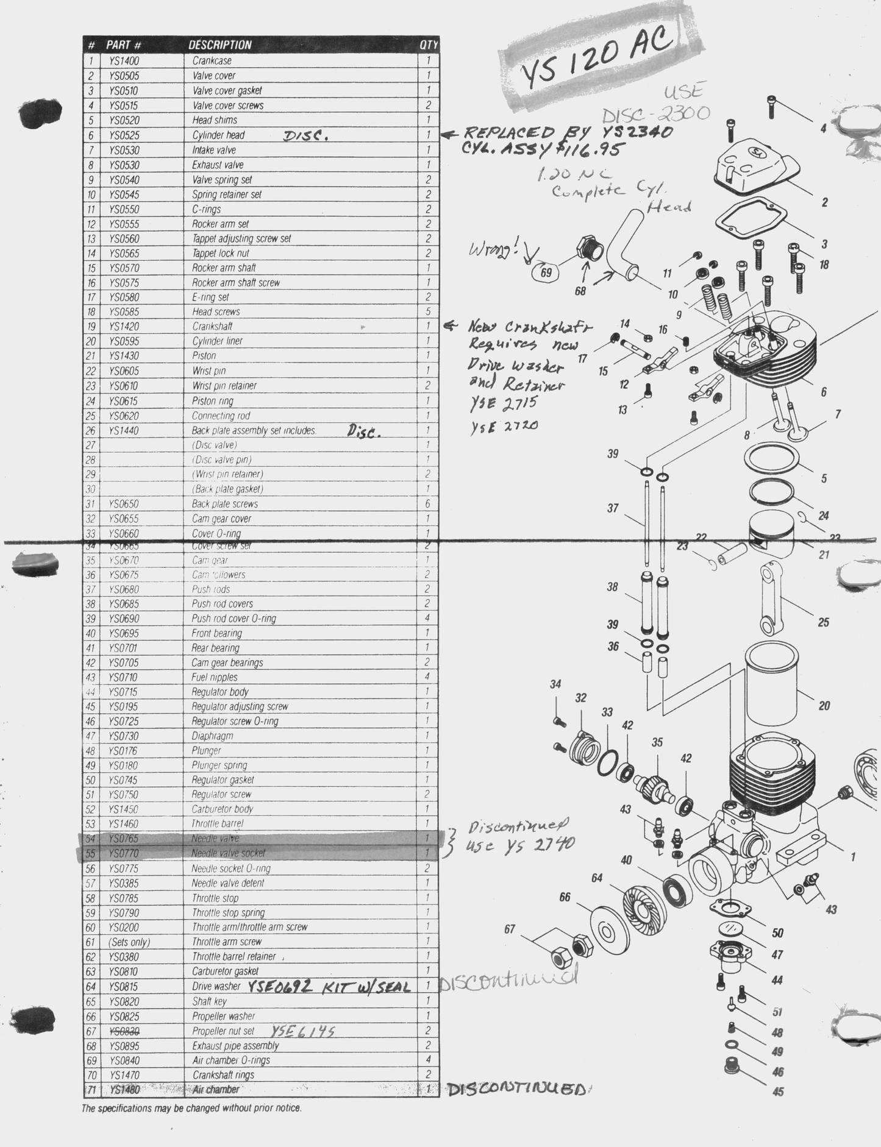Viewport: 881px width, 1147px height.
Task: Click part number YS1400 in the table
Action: click(124, 61)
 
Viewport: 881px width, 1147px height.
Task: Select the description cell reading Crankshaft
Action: click(212, 327)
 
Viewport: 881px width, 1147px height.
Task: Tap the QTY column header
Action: click(429, 45)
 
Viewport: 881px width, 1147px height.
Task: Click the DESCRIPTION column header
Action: click(219, 45)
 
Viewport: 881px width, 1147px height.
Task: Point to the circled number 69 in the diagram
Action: click(546, 272)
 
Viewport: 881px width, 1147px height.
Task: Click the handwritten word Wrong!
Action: click(494, 249)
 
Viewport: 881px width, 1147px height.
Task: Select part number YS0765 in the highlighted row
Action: click(124, 839)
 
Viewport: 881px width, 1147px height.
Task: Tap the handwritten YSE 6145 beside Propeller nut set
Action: click(303, 1031)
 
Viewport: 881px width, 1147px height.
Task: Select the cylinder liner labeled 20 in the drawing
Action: click(772, 683)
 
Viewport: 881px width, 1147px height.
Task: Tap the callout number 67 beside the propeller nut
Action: click(509, 929)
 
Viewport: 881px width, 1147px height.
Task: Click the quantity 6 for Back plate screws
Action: click(428, 504)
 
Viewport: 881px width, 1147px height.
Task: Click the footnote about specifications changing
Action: click(191, 1108)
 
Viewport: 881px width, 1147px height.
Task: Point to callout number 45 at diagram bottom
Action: click(778, 1092)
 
